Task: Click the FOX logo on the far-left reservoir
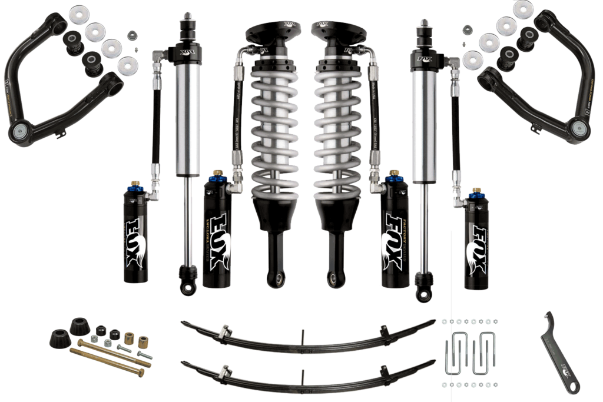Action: pyautogui.click(x=134, y=244)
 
